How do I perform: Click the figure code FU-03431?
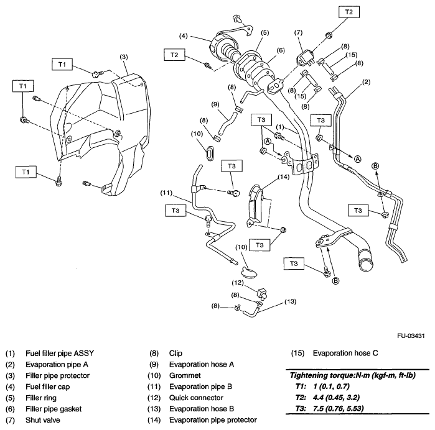408,336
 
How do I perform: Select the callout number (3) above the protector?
124,57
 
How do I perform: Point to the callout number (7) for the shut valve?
298,32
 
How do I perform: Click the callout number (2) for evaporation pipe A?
367,82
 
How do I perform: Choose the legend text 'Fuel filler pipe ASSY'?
61,353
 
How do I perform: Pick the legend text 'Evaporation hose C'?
346,353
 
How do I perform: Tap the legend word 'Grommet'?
185,375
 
